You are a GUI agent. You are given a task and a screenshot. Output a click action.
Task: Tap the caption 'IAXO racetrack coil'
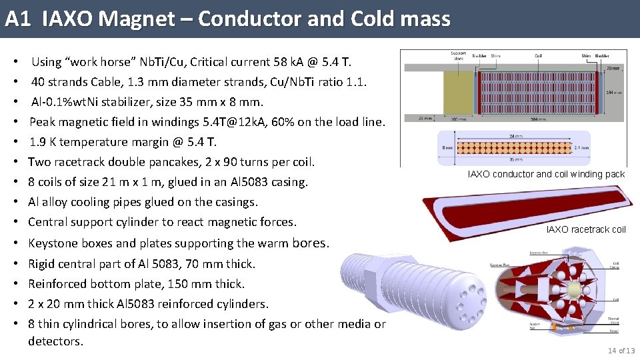tap(586, 229)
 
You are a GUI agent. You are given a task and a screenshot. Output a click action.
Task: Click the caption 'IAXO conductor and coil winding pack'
tap(546, 174)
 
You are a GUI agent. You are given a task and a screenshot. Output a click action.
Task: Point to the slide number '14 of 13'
tap(621, 351)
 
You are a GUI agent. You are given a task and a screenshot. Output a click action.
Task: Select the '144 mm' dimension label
tap(614, 93)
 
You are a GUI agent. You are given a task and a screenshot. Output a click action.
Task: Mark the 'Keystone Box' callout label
tap(539, 253)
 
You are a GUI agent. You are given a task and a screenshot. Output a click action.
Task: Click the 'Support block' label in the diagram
tap(458, 55)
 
